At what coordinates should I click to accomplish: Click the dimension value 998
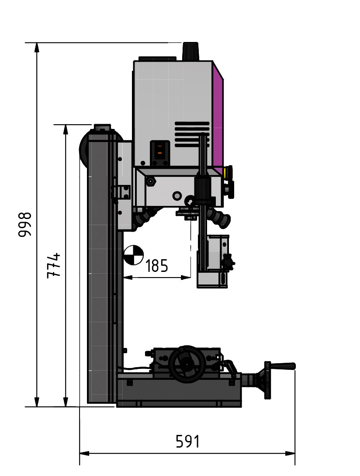[25, 225]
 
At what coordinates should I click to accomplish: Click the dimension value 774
[53, 265]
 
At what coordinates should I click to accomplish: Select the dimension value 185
[156, 265]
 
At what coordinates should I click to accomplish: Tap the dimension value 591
[187, 441]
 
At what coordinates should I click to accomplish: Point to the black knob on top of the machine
[190, 51]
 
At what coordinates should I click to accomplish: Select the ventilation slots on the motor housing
[192, 134]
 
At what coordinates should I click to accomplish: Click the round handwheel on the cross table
[187, 365]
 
